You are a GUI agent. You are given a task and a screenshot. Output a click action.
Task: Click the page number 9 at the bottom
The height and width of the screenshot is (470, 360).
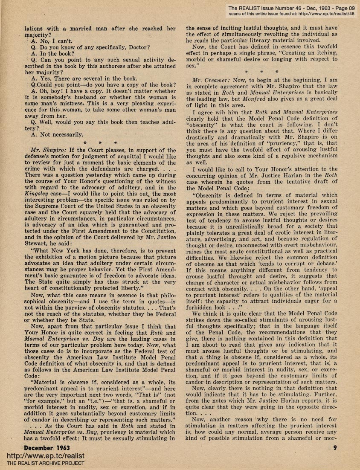tap(335, 448)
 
